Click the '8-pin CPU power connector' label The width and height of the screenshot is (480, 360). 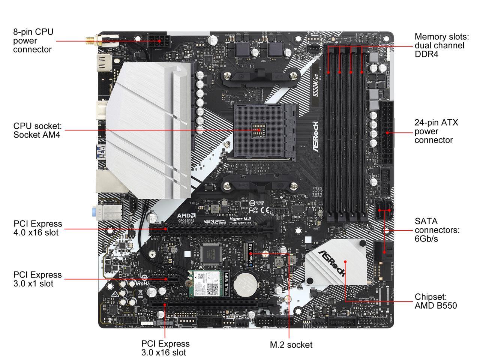pos(33,40)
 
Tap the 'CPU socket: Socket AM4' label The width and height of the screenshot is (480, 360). pos(37,130)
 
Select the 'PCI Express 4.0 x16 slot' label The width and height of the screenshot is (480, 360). pos(37,228)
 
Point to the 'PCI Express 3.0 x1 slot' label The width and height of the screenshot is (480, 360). pos(37,279)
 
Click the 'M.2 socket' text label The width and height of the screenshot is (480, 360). pos(291,345)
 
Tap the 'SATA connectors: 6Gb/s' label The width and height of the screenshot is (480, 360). pos(437,230)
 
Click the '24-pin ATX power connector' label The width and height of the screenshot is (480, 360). pos(436,131)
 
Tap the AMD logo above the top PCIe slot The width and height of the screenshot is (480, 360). pos(186,216)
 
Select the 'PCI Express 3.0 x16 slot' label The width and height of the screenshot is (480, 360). pos(165,348)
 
